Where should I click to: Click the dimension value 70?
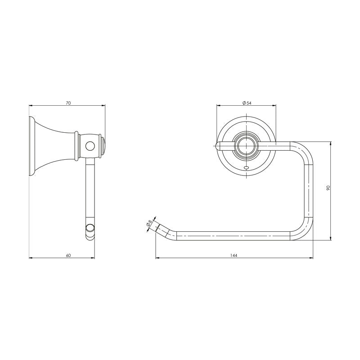pyautogui.click(x=68, y=103)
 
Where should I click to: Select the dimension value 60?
pyautogui.click(x=68, y=255)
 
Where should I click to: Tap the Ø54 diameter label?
pyautogui.click(x=246, y=103)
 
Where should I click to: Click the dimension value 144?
pyautogui.click(x=234, y=255)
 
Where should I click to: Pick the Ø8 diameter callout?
pyautogui.click(x=149, y=223)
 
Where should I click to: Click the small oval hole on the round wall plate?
pyautogui.click(x=246, y=167)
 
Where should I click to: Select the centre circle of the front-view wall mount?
pyautogui.click(x=246, y=145)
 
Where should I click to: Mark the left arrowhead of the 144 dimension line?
pyautogui.click(x=157, y=258)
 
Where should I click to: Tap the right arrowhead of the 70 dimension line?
pyautogui.click(x=104, y=106)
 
